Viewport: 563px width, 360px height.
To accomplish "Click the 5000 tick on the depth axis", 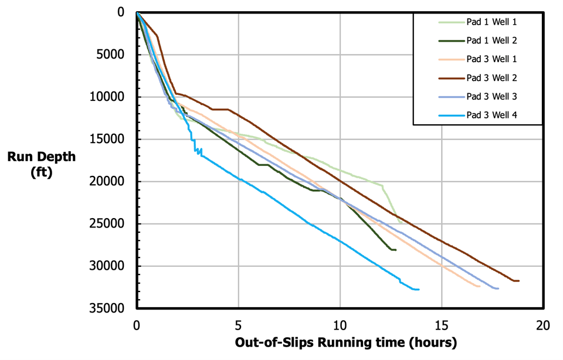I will pyautogui.click(x=113, y=55).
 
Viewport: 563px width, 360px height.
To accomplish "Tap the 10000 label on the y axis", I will pyautogui.click(x=110, y=97).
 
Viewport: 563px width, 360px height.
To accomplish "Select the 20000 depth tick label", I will pyautogui.click(x=110, y=182).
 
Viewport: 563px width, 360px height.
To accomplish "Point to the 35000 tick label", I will pyautogui.click(x=110, y=308).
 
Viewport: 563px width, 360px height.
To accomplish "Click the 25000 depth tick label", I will pyautogui.click(x=110, y=224).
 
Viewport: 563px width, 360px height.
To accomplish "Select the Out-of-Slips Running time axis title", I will pyautogui.click(x=346, y=342).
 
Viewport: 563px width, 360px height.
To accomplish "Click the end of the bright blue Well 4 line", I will pyautogui.click(x=419, y=289).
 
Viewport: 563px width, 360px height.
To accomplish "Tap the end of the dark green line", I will pyautogui.click(x=396, y=250).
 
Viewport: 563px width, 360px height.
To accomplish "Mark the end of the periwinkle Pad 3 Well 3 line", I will pyautogui.click(x=498, y=288).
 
